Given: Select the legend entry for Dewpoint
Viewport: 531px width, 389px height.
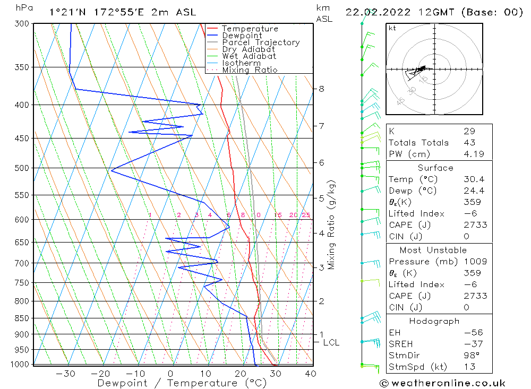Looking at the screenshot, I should pos(242,36).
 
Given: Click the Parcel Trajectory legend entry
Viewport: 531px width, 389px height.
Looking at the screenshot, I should pos(261,42).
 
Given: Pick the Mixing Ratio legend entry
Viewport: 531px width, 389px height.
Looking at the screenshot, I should pos(250,70).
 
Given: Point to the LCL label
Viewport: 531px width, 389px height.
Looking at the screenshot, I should pos(331,343).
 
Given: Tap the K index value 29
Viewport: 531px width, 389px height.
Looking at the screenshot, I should pos(469,131).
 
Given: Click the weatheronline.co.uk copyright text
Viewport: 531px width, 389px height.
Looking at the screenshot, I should pos(442,383).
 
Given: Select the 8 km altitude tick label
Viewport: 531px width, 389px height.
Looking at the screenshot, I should pos(321,89).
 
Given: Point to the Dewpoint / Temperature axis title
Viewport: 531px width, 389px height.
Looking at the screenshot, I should pos(175,383).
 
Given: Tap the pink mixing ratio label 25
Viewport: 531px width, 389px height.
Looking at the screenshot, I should pos(306,215).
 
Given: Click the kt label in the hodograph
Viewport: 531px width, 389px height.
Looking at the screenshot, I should pos(392,28).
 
